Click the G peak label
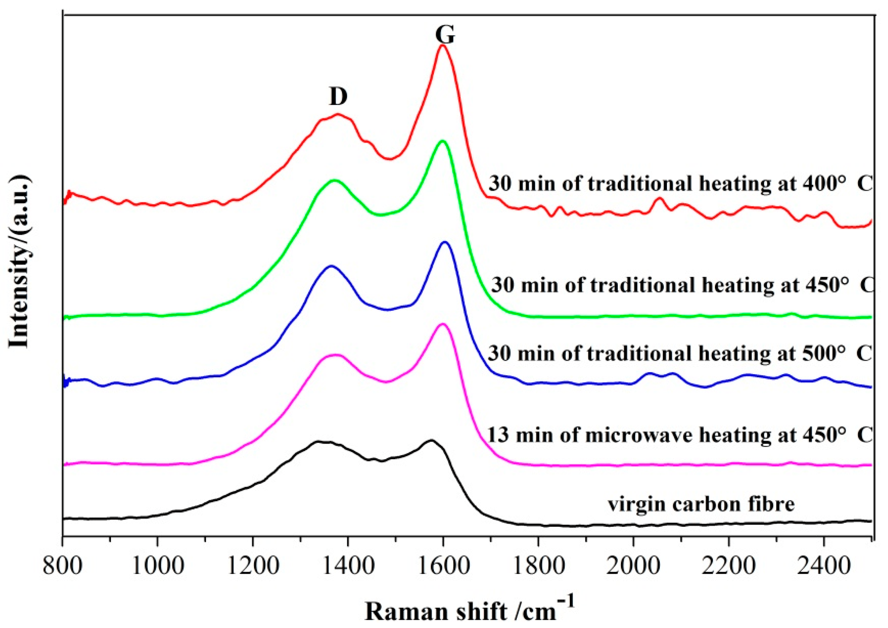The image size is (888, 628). point(445,35)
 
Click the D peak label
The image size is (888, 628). point(338,96)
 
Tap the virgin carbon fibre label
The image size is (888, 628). point(701,504)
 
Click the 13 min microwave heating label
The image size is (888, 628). point(679,435)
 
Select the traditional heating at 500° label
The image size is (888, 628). point(679,354)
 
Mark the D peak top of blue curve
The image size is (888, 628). point(331,266)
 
